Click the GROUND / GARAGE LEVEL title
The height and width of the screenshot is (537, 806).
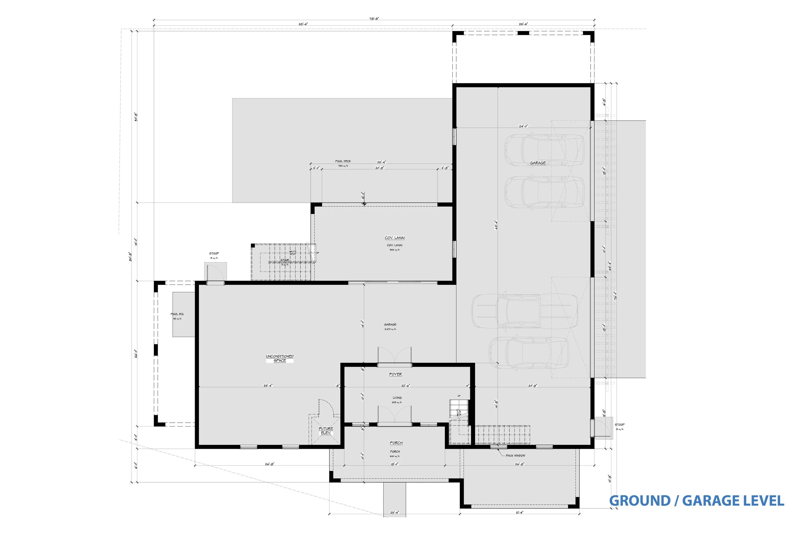696,501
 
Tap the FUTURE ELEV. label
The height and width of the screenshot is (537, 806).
326,431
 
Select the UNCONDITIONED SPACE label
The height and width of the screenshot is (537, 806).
280,359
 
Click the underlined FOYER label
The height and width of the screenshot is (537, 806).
396,374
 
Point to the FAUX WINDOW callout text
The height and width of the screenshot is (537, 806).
516,456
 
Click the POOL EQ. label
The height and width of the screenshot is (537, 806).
177,314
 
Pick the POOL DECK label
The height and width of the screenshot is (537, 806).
343,161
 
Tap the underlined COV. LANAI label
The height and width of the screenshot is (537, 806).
395,238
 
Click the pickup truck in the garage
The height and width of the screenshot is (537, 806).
524,311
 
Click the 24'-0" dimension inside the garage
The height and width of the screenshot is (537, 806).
523,126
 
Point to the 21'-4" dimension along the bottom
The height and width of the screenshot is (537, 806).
519,513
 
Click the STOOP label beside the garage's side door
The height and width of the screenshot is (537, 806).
620,425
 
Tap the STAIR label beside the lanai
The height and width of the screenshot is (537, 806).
284,260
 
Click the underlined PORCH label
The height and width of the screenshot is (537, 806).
396,443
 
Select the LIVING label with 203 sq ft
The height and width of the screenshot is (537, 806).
397,398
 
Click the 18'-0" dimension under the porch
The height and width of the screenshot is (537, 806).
394,465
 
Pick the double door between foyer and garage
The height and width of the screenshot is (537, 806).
395,356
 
